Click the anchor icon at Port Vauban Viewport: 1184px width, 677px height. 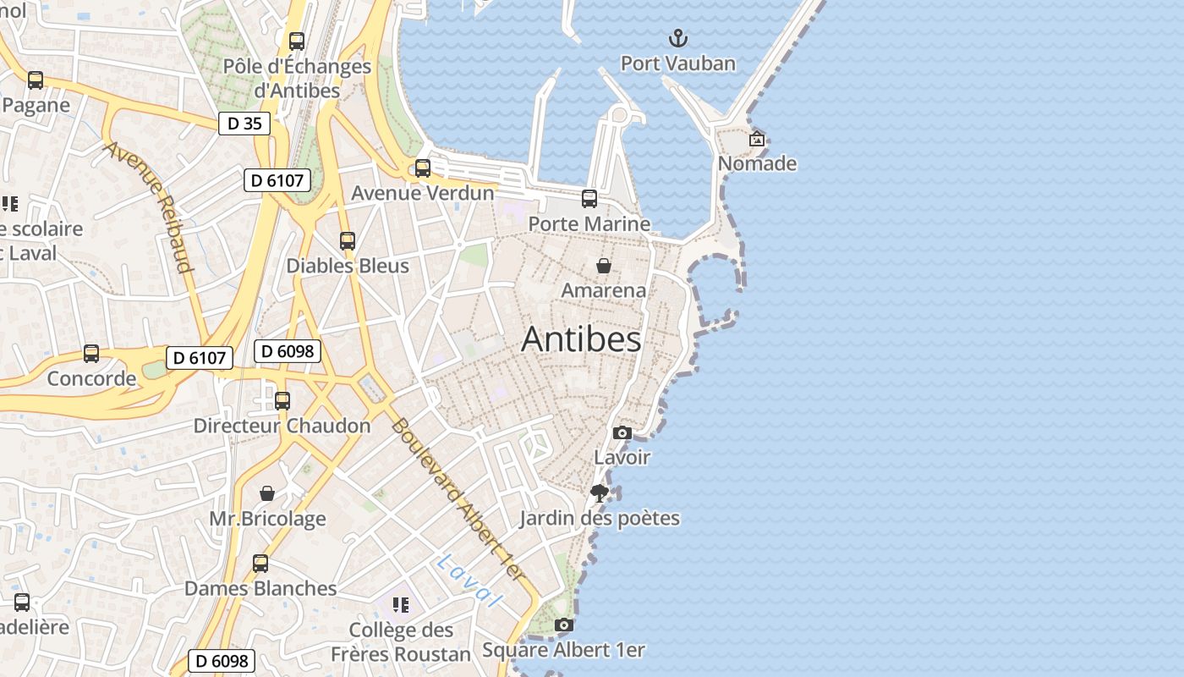(x=677, y=38)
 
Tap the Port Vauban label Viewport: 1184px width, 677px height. (x=677, y=63)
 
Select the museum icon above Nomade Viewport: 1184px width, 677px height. (x=757, y=139)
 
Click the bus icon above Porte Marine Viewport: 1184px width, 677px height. (x=589, y=199)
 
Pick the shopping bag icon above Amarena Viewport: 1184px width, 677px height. (x=604, y=266)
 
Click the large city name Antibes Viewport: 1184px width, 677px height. (x=581, y=339)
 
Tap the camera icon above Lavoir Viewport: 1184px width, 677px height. (x=622, y=432)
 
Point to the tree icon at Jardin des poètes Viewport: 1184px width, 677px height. (x=600, y=493)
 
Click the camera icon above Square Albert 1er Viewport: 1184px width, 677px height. (x=563, y=625)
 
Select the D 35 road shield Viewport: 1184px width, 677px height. (x=244, y=124)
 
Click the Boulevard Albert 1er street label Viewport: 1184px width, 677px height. (x=458, y=499)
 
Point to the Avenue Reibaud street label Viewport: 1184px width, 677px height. (x=148, y=207)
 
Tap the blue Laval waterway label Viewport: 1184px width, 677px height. (x=469, y=581)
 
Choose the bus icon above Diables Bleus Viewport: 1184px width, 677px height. (x=348, y=241)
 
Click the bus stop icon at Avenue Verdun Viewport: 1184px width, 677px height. (x=423, y=168)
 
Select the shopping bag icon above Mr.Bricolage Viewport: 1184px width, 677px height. (x=267, y=493)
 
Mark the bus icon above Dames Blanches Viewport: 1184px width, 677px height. (x=260, y=564)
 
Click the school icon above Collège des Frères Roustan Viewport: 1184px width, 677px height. (x=401, y=605)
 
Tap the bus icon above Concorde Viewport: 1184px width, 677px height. (x=91, y=354)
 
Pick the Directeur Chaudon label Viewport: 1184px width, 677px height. (x=282, y=426)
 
